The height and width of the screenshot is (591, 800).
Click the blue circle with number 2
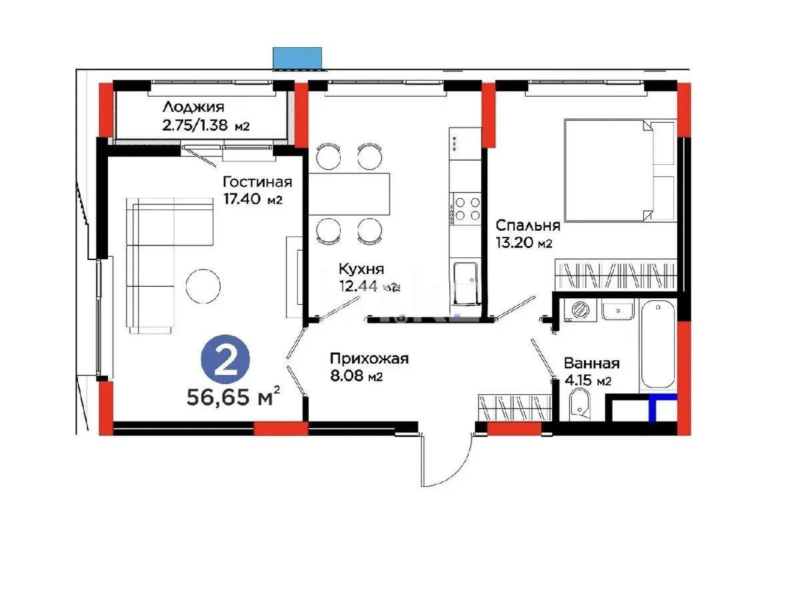(x=226, y=362)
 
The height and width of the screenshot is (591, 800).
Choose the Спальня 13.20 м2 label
(x=523, y=234)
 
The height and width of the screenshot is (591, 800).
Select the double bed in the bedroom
(x=619, y=170)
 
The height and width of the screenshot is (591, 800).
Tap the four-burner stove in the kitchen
(x=466, y=207)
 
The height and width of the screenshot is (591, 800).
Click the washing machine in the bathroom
(x=577, y=310)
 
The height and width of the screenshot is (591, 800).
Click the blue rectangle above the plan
(x=298, y=58)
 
